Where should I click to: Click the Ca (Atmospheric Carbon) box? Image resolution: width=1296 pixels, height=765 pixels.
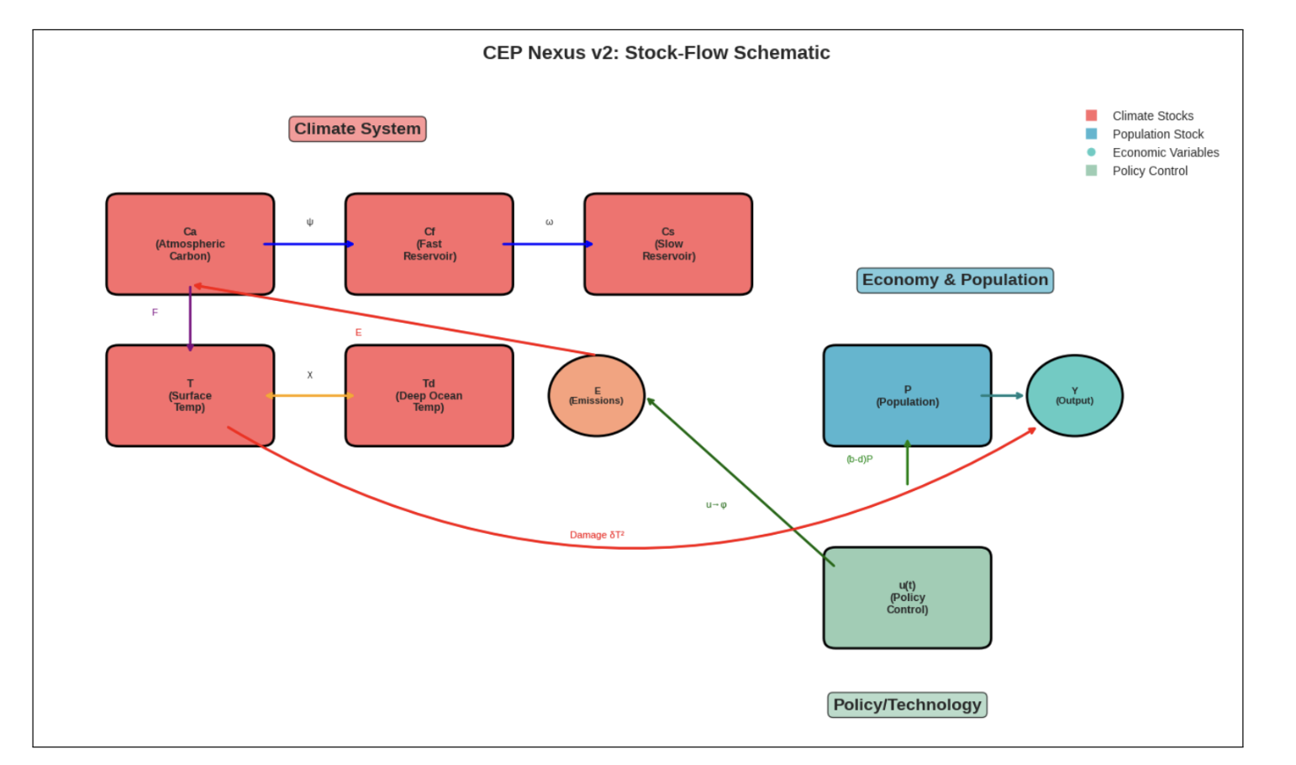pos(190,244)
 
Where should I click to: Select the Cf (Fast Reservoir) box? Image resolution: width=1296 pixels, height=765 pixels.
pos(429,244)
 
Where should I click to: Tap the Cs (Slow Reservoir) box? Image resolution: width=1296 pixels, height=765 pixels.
pos(668,244)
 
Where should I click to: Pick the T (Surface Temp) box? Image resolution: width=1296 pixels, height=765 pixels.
pos(190,395)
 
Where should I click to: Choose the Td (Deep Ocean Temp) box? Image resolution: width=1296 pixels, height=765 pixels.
pos(429,395)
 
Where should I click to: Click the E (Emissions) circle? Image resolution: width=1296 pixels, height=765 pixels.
pos(596,395)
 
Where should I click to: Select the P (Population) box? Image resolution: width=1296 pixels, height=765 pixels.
pos(907,395)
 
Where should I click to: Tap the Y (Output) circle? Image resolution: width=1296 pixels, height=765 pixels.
pos(1074,395)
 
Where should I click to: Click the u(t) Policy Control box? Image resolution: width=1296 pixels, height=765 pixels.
pos(907,598)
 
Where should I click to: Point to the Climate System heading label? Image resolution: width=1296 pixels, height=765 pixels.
pos(357,129)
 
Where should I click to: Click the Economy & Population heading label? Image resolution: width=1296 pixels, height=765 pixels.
pos(955,280)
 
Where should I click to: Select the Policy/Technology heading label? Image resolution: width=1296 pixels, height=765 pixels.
pos(907,704)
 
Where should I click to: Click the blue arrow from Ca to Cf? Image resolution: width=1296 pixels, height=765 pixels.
pos(309,244)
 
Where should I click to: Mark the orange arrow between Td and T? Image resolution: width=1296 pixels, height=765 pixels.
pos(309,395)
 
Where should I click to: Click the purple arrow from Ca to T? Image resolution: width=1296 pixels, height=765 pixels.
pos(190,319)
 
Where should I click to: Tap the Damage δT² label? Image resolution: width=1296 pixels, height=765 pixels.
pos(597,535)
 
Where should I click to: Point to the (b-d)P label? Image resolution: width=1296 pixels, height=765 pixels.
pos(859,459)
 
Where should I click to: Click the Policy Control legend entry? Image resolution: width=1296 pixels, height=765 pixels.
pos(1150,171)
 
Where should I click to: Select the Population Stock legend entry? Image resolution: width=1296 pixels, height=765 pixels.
pos(1157,134)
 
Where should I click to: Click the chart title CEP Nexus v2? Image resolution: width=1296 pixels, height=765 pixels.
pos(656,53)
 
